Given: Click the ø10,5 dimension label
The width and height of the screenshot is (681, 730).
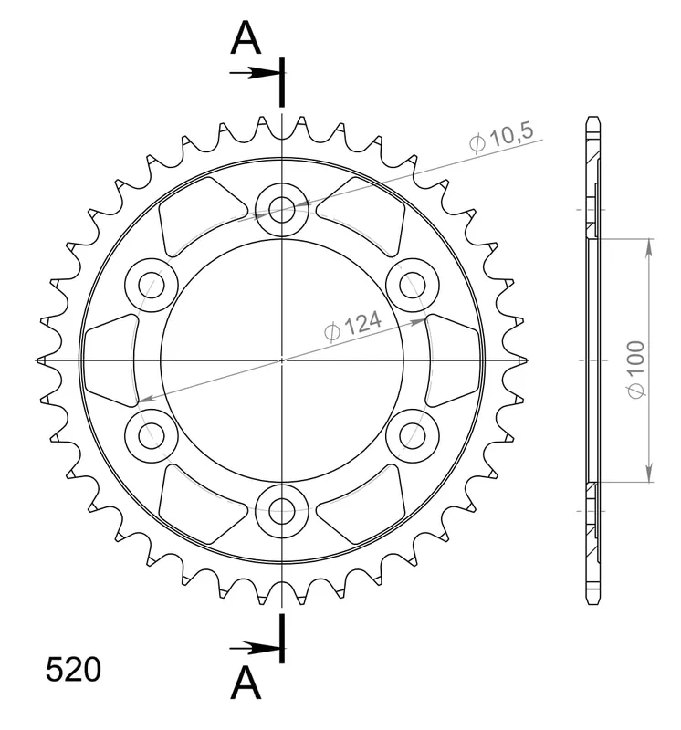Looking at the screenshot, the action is [501, 139].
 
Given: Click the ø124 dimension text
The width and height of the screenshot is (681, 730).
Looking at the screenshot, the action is [352, 326].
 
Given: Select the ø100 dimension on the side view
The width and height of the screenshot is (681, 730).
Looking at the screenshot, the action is [636, 370].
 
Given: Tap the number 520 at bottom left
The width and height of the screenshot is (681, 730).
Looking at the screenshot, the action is [73, 670].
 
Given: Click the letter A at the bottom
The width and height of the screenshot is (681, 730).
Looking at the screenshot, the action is [246, 683].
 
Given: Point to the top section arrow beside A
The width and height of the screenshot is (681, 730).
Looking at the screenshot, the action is [256, 73].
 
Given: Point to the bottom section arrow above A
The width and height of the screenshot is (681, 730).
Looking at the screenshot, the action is [256, 647].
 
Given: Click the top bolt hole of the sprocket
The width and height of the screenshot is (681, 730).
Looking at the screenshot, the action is [282, 210].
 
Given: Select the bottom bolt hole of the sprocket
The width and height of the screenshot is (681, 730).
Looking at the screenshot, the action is [282, 511].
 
